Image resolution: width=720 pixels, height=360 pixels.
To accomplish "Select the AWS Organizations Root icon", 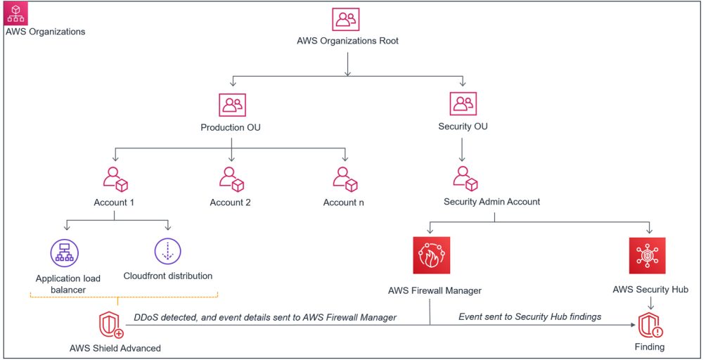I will pos(347,20).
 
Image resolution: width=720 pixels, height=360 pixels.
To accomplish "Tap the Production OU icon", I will pos(231,106).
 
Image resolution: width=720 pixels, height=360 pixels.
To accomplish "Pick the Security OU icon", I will pos(462,105).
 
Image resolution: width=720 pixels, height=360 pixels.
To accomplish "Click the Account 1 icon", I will pos(115,179).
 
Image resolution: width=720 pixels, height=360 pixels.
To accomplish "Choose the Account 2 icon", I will pos(231,179).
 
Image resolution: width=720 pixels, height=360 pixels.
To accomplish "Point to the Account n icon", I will pos(345,179).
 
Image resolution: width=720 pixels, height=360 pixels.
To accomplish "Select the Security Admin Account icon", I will pos(462,179).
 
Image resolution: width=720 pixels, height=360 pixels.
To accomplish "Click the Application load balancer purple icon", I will pos(65,251).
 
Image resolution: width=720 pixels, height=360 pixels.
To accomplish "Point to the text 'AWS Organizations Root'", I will pos(347,41).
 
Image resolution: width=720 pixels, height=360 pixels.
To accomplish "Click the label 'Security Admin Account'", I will pos(491,202).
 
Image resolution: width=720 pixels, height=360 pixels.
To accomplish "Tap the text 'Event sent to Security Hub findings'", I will pos(529,317).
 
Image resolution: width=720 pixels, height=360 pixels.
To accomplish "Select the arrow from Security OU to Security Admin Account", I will pos(462,150).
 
